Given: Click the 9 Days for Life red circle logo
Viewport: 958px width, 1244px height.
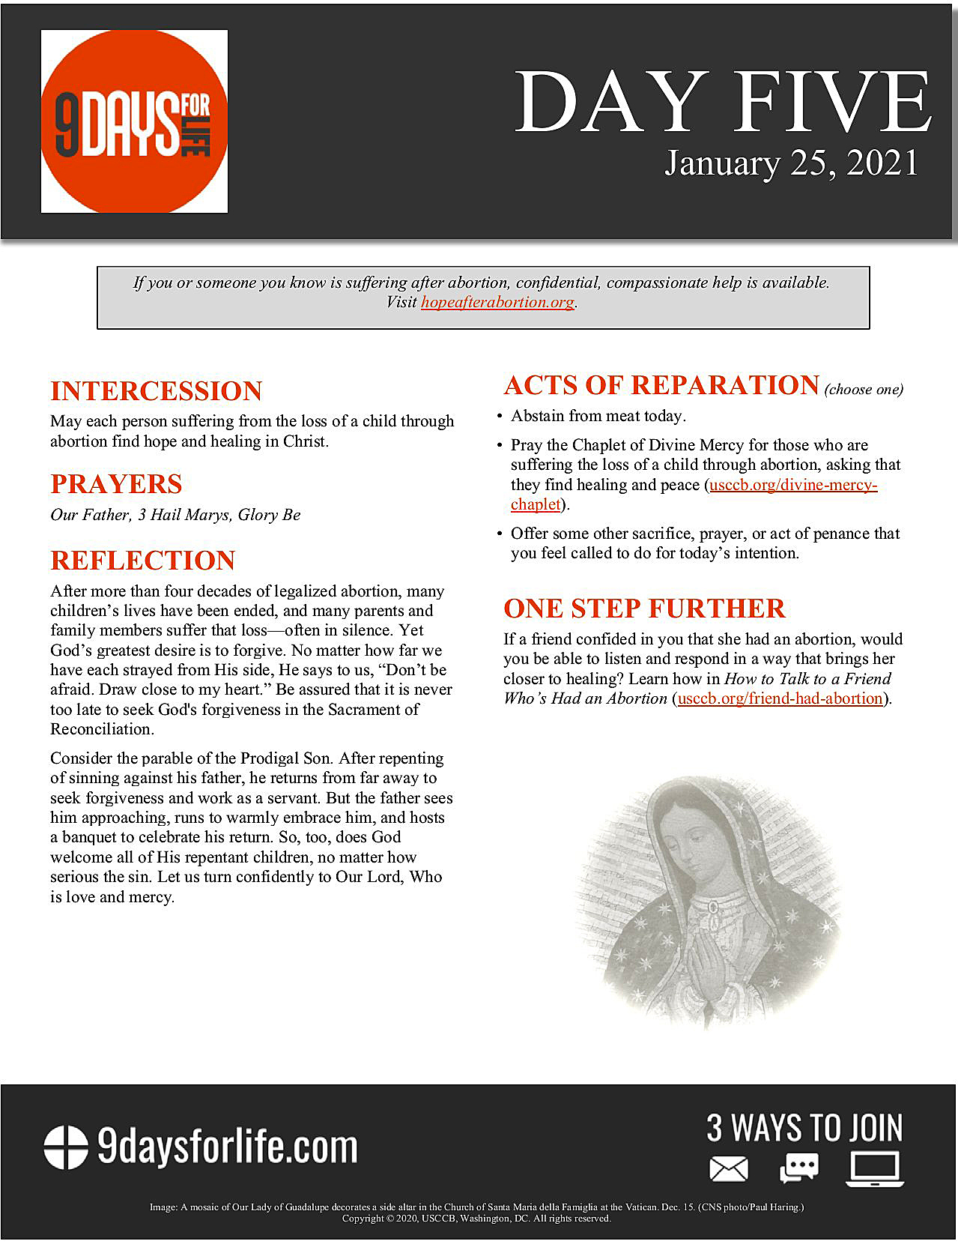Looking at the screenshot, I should [x=134, y=121].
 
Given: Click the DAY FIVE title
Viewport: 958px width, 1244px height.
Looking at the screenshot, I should [x=723, y=103].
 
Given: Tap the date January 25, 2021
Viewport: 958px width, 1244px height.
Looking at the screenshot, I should [x=791, y=163].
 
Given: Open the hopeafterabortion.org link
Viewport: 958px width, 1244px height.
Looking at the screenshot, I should [x=497, y=302].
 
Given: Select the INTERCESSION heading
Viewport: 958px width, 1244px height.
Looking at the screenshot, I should [x=156, y=391].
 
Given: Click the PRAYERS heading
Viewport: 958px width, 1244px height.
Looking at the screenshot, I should [x=116, y=484].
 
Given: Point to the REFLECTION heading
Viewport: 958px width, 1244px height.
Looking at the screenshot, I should [x=142, y=561].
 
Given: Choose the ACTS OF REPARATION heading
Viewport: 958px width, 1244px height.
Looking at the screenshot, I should [x=661, y=385].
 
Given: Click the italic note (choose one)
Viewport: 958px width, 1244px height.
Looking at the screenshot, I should [x=864, y=389].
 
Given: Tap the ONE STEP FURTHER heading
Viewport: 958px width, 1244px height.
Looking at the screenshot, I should [x=644, y=609].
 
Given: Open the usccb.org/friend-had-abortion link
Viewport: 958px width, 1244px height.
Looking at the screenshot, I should [x=780, y=698].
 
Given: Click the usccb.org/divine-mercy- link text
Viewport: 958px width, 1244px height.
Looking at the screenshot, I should [x=793, y=485].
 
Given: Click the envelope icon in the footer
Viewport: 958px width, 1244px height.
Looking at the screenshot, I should [x=729, y=1169].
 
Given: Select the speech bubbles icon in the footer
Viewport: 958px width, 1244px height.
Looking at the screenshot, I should [x=798, y=1168].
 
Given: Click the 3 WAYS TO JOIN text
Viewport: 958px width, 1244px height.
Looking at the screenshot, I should [x=804, y=1128].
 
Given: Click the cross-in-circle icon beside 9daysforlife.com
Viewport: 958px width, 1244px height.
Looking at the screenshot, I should [x=65, y=1147].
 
